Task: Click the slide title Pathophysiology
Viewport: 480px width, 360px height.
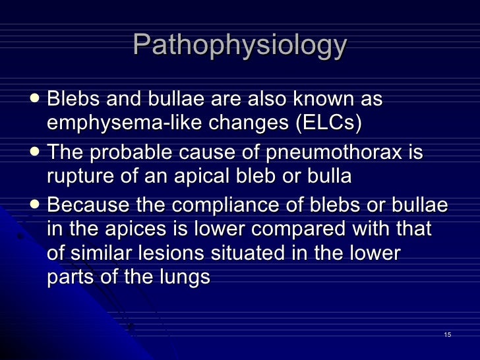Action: coord(239,45)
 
